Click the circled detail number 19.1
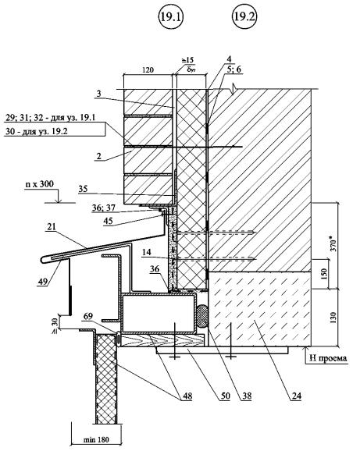coord(171,17)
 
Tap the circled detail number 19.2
coord(244,16)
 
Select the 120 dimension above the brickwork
coord(148,69)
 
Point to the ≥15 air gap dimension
coord(187,60)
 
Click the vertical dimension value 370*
coord(333,243)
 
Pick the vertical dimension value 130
coord(333,318)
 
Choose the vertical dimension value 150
coord(324,274)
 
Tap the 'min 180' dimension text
coord(96,439)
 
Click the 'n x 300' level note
coord(39,184)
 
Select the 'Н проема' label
coord(328,358)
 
